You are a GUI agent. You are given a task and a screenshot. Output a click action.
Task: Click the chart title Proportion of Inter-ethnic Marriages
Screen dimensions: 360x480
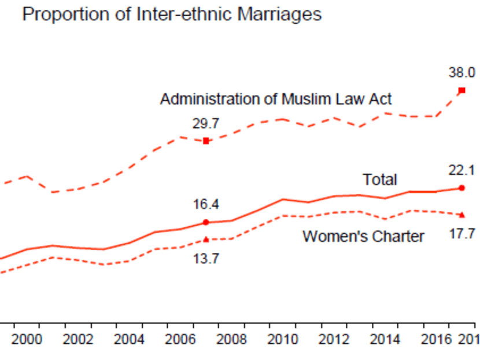point(171,14)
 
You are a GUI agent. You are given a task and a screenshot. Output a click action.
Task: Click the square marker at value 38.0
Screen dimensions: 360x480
point(461,90)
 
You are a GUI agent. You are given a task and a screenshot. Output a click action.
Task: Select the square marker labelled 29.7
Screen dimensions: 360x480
point(206,141)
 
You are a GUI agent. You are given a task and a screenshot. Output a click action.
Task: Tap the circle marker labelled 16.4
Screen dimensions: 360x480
point(206,222)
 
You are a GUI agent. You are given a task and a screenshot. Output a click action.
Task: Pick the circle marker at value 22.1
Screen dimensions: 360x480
point(461,188)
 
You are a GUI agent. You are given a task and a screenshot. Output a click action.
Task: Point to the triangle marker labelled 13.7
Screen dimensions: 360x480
point(206,239)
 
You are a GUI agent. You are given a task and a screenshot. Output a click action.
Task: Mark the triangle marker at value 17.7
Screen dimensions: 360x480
point(461,215)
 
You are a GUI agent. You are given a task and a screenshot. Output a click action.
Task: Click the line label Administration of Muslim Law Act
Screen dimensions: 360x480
point(276,99)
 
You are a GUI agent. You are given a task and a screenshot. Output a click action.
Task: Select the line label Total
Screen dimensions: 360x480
point(380,179)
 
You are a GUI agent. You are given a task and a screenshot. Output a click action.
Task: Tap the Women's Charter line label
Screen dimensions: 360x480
point(363,236)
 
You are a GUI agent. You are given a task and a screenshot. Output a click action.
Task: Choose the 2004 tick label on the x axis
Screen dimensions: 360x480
point(128,339)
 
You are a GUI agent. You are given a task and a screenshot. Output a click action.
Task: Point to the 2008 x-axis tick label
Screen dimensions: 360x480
point(231,339)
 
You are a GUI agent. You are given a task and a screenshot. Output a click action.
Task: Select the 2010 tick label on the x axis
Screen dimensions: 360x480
point(283,339)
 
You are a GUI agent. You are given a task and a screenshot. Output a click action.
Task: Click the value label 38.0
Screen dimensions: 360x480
point(461,73)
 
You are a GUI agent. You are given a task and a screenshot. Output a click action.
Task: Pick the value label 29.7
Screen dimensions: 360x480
point(206,123)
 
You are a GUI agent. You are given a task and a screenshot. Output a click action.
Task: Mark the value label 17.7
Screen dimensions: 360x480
point(461,234)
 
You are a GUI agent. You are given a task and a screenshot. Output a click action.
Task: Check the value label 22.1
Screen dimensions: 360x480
point(461,171)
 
